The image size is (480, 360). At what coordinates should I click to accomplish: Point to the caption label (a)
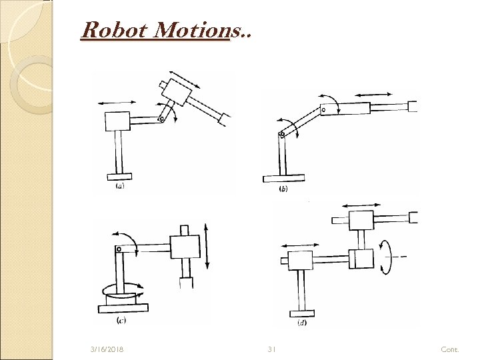pos(120,187)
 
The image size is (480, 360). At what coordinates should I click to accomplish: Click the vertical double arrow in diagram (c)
pos(209,246)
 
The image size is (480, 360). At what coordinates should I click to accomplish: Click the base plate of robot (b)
pos(283,177)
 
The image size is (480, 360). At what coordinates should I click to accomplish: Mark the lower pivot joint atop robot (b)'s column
pos(282,133)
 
